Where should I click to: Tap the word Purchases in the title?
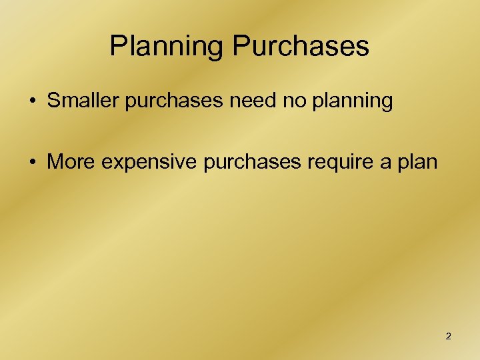click(x=301, y=46)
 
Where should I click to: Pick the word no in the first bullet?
click(x=287, y=101)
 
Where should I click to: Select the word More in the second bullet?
click(x=67, y=163)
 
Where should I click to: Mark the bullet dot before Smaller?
click(x=33, y=102)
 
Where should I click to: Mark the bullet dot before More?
click(x=33, y=163)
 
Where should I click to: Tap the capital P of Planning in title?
click(x=118, y=46)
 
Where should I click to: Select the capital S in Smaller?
click(x=53, y=101)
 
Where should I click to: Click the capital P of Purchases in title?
click(x=241, y=46)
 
